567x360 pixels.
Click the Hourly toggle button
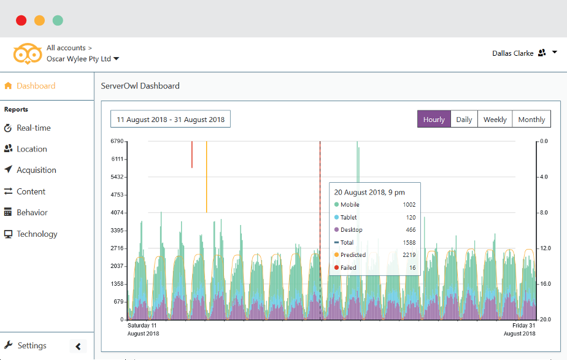434,120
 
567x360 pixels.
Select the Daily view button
464,120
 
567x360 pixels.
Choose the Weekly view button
495,120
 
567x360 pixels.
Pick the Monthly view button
531,120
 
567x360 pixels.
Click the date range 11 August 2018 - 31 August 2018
171,120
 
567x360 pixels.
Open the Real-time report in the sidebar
33,128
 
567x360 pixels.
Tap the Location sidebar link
31,149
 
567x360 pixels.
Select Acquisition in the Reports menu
36,170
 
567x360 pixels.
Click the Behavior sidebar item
32,213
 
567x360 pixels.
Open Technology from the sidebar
37,234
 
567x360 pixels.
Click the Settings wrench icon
8,345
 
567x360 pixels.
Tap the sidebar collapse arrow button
78,347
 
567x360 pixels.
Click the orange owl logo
28,53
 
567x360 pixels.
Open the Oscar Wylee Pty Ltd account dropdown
83,59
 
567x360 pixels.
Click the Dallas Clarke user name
512,53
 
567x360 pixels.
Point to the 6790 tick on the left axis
117,142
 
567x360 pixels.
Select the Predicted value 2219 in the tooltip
409,255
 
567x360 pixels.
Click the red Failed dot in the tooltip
336,268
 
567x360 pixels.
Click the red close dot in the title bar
21,20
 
